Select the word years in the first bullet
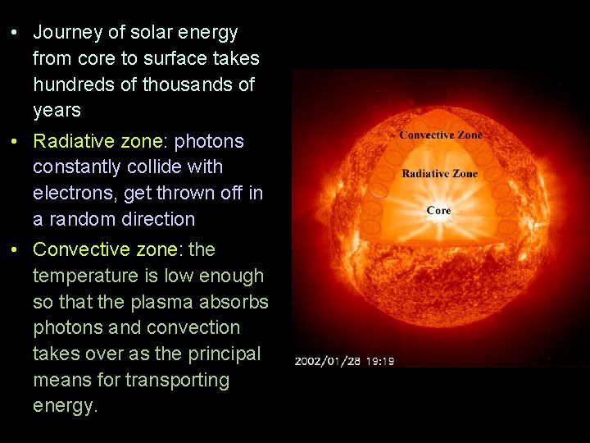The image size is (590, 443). (57, 111)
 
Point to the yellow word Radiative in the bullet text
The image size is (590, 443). (71, 141)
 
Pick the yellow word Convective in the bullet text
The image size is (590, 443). (78, 249)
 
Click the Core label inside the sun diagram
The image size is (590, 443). (439, 211)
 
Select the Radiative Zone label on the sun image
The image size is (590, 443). (439, 174)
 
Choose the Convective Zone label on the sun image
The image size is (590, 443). (441, 135)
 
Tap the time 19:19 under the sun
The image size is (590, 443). (379, 361)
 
